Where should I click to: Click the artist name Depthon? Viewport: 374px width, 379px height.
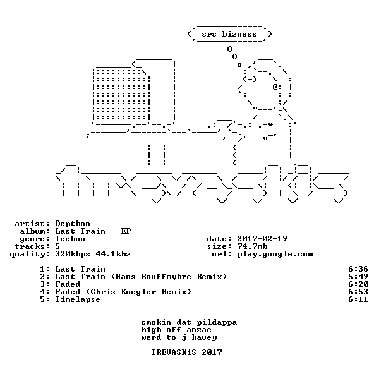73,224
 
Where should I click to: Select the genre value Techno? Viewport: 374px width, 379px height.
70,239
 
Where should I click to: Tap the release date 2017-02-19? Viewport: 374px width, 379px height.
262,239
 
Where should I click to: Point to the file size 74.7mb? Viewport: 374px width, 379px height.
252,246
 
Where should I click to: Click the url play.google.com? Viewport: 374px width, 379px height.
275,255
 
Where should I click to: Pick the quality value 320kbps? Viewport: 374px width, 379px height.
73,254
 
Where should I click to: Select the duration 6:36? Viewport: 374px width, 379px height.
358,269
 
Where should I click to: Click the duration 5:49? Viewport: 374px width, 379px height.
358,277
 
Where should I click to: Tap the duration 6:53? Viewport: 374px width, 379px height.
358,292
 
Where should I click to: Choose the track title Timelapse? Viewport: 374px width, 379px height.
78,299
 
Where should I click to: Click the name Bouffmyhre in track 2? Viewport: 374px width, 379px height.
166,277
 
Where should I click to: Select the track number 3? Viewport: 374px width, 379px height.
45,284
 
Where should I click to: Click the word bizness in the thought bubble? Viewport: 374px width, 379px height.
239,34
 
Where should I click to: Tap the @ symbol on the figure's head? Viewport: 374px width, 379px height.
275,87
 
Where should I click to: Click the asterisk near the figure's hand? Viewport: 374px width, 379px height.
270,124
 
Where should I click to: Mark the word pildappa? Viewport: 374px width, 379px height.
217,322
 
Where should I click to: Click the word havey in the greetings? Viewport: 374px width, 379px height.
204,338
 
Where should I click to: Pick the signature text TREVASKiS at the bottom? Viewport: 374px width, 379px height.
174,352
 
